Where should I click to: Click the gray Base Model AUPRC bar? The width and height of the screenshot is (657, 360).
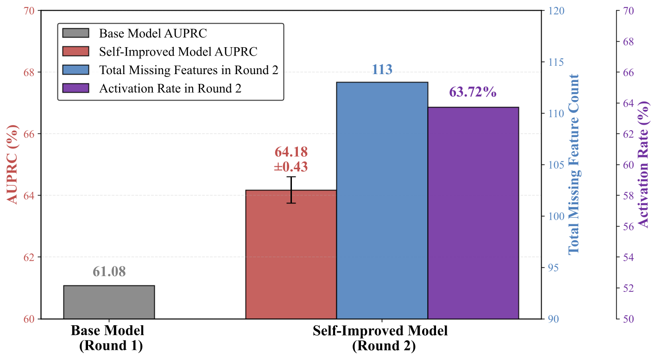tap(109, 302)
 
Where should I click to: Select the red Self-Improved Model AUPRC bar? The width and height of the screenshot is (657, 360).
tap(291, 254)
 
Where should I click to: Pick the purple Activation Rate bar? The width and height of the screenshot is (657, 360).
tap(473, 213)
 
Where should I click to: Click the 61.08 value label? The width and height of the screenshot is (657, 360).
tap(109, 272)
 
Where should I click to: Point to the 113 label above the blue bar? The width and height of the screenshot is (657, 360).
tap(382, 69)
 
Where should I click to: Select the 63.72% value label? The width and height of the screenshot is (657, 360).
tap(473, 92)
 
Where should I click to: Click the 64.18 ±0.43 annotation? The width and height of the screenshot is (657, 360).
tap(291, 159)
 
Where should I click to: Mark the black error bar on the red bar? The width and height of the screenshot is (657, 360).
tap(291, 189)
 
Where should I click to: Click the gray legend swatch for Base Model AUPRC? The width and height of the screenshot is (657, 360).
tap(75, 33)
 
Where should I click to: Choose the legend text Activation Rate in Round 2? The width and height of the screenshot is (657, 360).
tap(170, 88)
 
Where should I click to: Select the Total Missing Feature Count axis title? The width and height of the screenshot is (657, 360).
tap(574, 164)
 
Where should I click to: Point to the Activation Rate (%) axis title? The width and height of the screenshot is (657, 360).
tap(644, 165)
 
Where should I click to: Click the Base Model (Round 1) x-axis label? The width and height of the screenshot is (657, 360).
tap(107, 338)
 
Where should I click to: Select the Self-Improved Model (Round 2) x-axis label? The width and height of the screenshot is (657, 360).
tap(380, 338)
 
